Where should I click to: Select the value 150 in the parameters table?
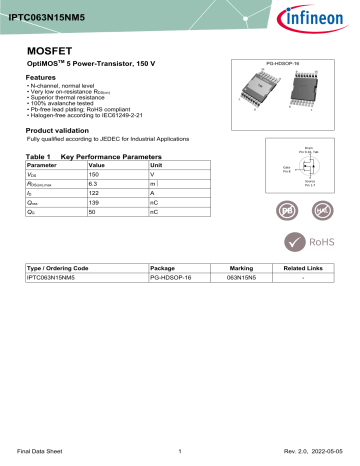tap(97, 174)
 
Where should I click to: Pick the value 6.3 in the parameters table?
tap(93, 184)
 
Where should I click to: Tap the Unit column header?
tap(155, 164)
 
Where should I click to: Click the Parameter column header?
tap(42, 164)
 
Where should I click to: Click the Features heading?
tap(40, 77)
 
